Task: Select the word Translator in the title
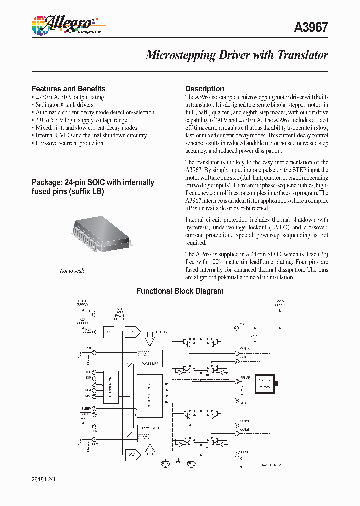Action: pos(302,55)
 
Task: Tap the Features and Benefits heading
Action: pos(68,88)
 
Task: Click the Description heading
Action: pos(205,89)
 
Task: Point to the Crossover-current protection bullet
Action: pos(69,143)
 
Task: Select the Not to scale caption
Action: pos(72,271)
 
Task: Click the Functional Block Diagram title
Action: pos(180,291)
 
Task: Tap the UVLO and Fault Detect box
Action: pos(119,314)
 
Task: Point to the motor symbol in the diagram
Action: pos(265,383)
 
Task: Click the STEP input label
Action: pos(87,372)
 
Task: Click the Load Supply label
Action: pos(280,303)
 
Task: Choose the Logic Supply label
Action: pos(82,302)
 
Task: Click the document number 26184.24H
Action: pos(45,478)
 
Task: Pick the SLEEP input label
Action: pos(86,408)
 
